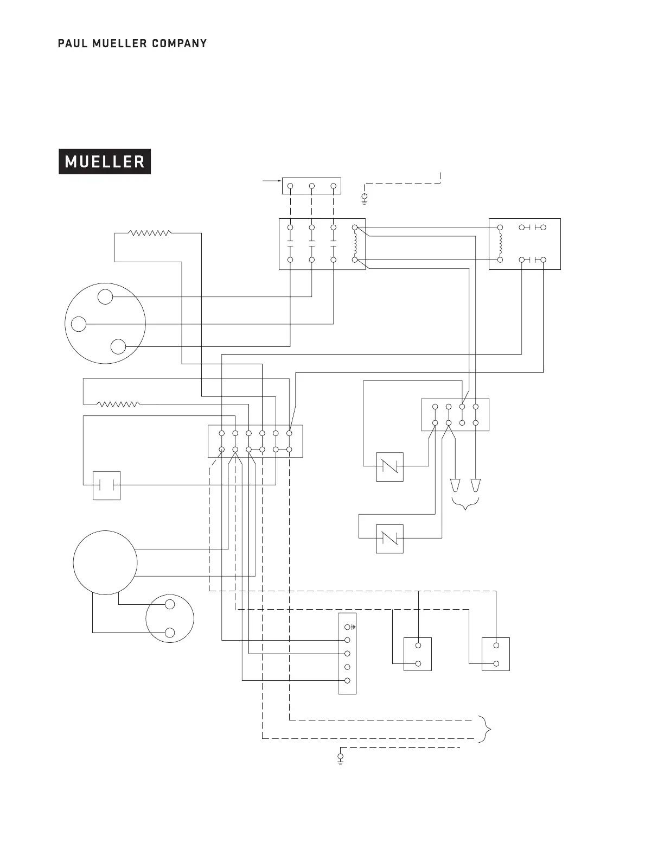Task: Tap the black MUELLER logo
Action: [x=105, y=161]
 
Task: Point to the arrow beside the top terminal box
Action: [x=271, y=180]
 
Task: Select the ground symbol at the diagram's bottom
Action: [x=341, y=758]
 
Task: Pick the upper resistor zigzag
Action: [x=150, y=233]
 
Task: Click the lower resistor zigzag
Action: [x=118, y=404]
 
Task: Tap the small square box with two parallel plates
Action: [x=106, y=485]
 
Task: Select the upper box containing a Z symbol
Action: [x=390, y=466]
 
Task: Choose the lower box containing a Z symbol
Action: [x=390, y=539]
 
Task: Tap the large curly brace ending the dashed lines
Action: [x=487, y=729]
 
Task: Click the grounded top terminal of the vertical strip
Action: [x=348, y=627]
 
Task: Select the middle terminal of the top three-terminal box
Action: [x=311, y=186]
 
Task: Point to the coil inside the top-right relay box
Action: [x=500, y=244]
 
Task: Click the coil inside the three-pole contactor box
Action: [x=355, y=244]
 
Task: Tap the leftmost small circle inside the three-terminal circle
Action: [x=79, y=324]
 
